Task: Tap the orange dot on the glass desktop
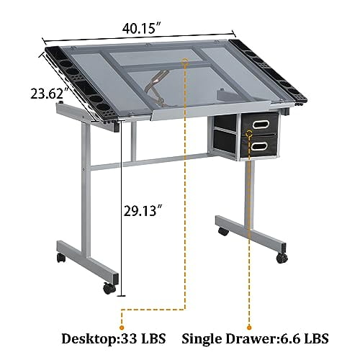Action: pyautogui.click(x=186, y=64)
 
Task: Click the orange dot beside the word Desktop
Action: pyautogui.click(x=122, y=312)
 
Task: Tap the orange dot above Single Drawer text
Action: pyautogui.click(x=249, y=312)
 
